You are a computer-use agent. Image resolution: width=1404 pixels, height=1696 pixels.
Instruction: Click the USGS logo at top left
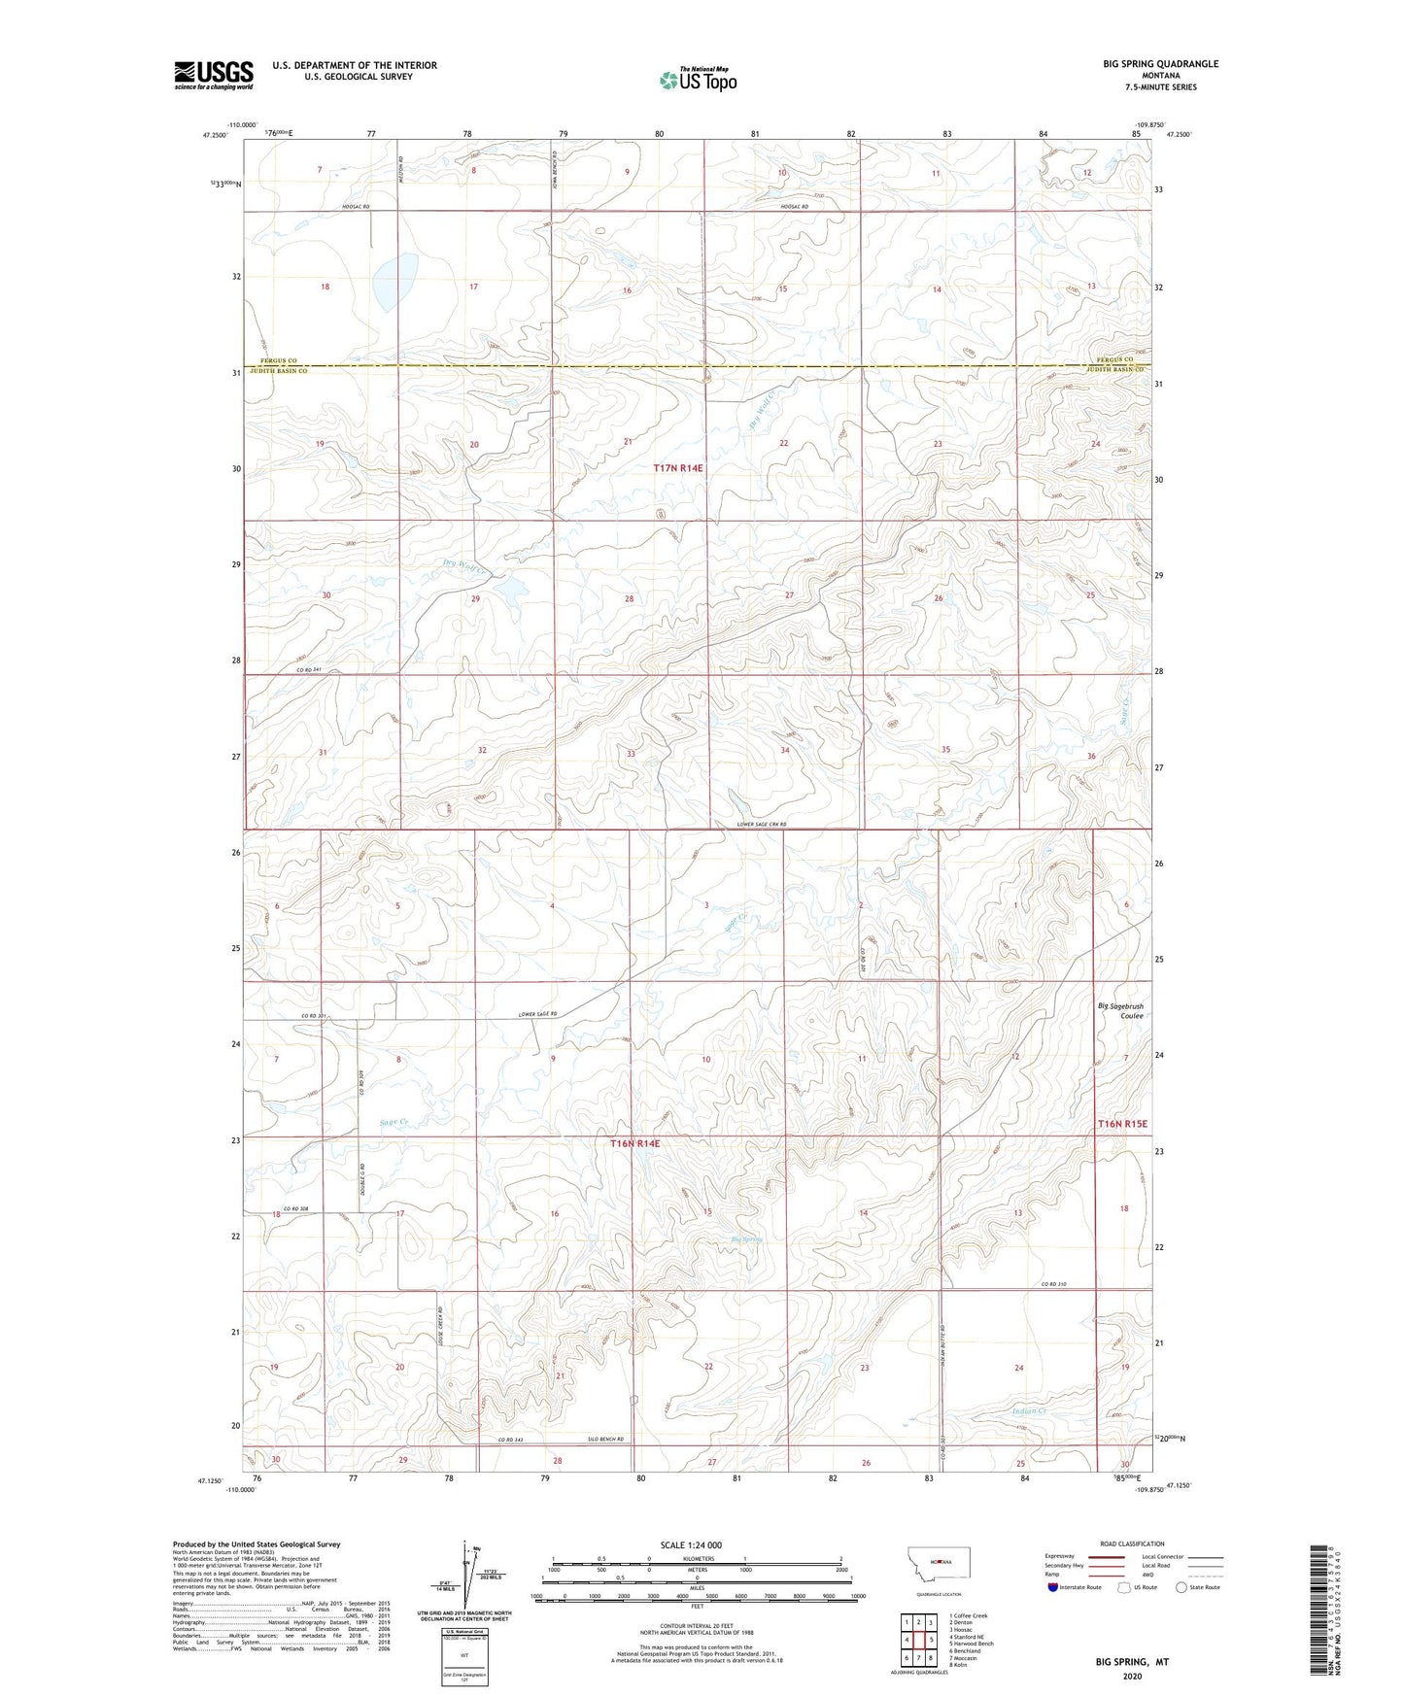pos(214,75)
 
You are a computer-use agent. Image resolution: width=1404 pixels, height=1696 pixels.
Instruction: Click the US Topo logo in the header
pos(698,80)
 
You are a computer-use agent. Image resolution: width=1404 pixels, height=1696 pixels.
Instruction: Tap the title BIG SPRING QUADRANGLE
pos(1160,64)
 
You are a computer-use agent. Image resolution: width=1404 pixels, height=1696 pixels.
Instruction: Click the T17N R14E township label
pos(677,468)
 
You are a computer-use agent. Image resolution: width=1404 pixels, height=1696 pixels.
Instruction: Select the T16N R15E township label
pos(1122,1124)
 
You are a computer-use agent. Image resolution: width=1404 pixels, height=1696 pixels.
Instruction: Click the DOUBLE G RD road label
pos(360,1178)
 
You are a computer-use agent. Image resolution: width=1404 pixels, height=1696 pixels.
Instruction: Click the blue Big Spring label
pos(747,1239)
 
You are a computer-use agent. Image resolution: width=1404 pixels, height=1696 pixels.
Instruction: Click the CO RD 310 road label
pos(1054,1285)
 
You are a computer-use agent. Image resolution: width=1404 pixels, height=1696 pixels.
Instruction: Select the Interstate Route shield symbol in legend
pos(1053,1587)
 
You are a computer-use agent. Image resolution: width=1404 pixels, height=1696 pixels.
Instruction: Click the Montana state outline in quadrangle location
pos(937,1561)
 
